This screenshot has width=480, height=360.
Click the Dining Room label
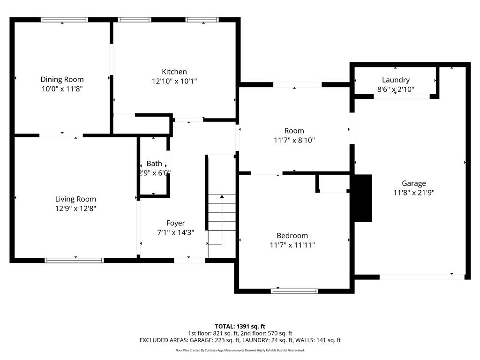click(x=62, y=79)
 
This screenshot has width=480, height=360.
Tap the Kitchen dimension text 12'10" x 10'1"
click(x=174, y=81)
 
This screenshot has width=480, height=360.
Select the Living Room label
click(x=75, y=199)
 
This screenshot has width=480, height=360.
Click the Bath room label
click(x=154, y=164)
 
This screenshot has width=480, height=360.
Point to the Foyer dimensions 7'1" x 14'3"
click(x=175, y=232)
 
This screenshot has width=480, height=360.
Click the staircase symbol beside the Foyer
click(x=222, y=219)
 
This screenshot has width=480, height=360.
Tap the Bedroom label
click(x=292, y=235)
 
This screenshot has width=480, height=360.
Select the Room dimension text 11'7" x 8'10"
click(x=294, y=140)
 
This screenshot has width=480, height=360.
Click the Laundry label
click(x=396, y=80)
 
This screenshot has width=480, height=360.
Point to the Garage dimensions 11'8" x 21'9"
click(x=413, y=192)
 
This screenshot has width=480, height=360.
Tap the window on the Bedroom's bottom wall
click(x=294, y=291)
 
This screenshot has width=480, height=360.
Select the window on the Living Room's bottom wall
click(x=74, y=260)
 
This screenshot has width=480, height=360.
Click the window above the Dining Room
click(x=64, y=20)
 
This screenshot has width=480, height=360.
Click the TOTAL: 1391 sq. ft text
click(x=240, y=326)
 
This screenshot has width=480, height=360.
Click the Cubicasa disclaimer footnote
click(x=240, y=350)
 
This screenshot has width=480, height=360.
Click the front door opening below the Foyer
click(x=189, y=260)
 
